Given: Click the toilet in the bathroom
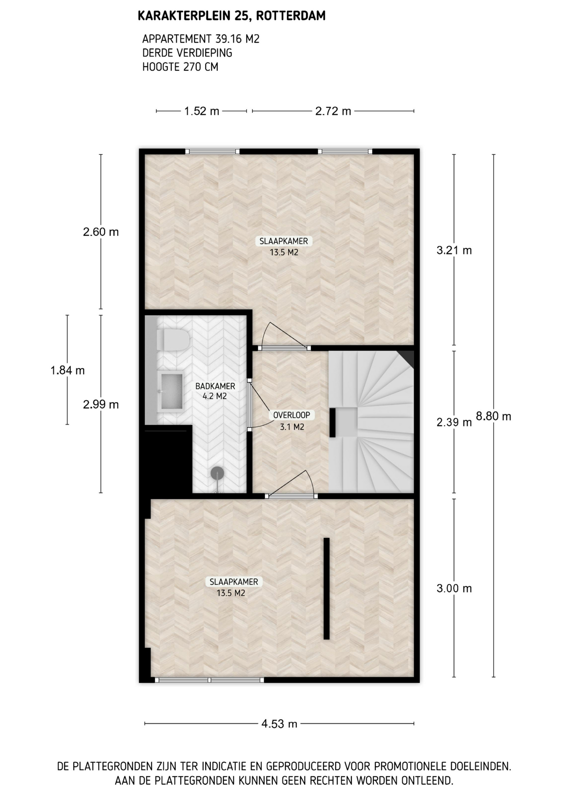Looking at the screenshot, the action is click(173, 340).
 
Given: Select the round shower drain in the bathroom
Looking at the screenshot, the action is click(217, 473).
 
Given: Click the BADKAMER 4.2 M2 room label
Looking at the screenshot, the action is click(215, 391).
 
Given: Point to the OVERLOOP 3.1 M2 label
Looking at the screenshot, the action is click(292, 421).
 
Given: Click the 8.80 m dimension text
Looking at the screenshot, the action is click(493, 416).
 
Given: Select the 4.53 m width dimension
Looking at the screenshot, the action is click(279, 724).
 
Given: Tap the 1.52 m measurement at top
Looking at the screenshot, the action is click(202, 111).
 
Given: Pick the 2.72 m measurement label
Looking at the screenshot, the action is click(333, 111).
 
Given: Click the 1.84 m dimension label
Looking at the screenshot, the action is click(67, 370).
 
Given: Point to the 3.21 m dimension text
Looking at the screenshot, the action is click(454, 250).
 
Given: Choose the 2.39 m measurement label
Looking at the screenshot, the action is click(454, 422).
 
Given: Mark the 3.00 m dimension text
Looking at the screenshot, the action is click(454, 588).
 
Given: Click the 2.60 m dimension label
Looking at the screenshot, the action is click(101, 232).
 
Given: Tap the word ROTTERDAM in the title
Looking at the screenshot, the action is click(291, 16).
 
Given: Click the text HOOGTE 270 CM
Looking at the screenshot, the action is click(180, 67).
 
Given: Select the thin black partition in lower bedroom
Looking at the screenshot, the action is click(327, 588).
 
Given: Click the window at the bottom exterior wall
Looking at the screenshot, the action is click(209, 679).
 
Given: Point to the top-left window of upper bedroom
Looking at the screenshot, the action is click(212, 152).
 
